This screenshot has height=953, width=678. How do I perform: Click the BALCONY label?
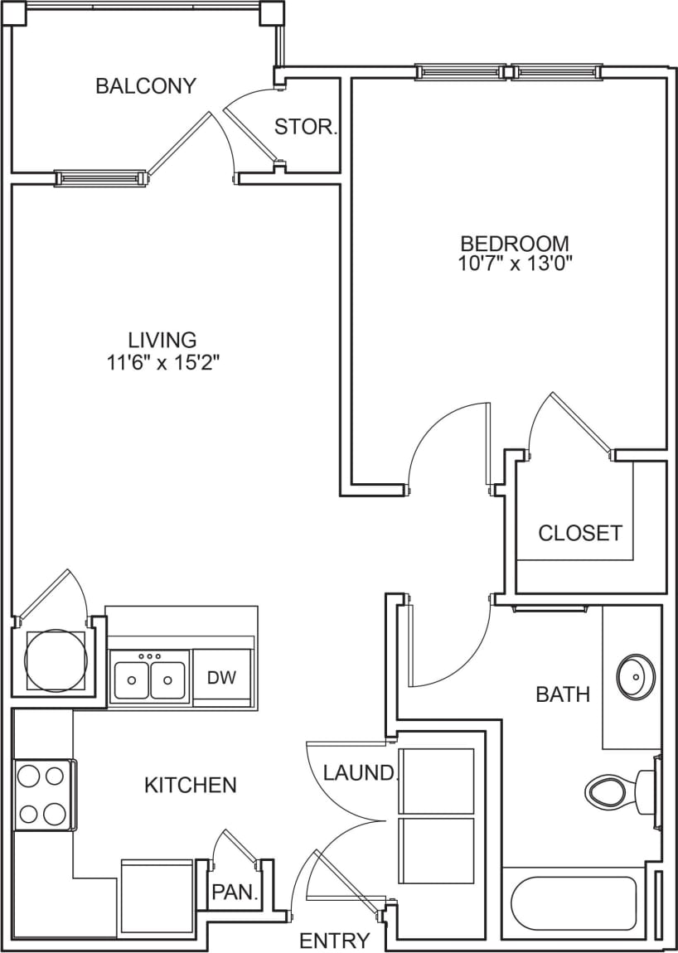click(x=146, y=86)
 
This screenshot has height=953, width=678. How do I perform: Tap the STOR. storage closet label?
click(x=306, y=128)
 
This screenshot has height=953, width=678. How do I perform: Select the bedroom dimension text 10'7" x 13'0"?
click(x=516, y=264)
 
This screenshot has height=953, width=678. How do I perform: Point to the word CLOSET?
click(x=579, y=533)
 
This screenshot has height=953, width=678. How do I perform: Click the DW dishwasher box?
click(x=221, y=677)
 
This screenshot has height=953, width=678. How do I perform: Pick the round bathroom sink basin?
click(x=637, y=677)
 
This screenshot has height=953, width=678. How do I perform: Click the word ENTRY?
click(x=334, y=941)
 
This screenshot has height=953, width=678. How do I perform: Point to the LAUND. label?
click(x=360, y=773)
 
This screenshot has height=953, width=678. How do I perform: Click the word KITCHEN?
click(x=191, y=784)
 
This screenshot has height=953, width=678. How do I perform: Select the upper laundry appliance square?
click(x=436, y=781)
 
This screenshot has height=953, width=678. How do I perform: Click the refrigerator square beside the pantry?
click(x=157, y=898)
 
